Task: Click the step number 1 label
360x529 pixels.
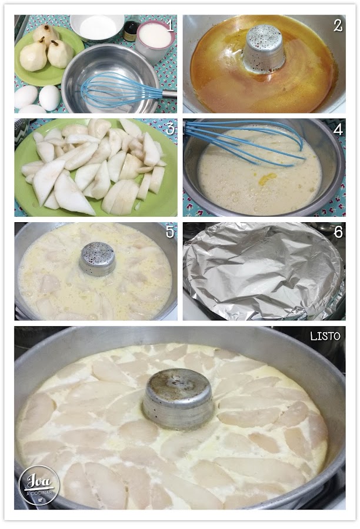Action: pyautogui.click(x=170, y=25)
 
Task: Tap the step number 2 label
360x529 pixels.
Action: pyautogui.click(x=338, y=25)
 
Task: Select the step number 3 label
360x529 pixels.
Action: pyautogui.click(x=170, y=129)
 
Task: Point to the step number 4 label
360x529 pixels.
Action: pyautogui.click(x=338, y=129)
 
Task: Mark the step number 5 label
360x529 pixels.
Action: pyautogui.click(x=170, y=232)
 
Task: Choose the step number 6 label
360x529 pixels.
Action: pyautogui.click(x=338, y=232)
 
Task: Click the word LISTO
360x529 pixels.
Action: pyautogui.click(x=325, y=336)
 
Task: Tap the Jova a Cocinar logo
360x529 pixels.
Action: pyautogui.click(x=39, y=485)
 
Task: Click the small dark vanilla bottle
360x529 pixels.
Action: pyautogui.click(x=131, y=29)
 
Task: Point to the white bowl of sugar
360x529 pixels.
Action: pyautogui.click(x=97, y=28)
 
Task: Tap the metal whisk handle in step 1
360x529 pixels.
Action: pyautogui.click(x=169, y=93)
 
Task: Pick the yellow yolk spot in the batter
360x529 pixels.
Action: pyautogui.click(x=267, y=179)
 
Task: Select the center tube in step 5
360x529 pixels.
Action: pyautogui.click(x=98, y=259)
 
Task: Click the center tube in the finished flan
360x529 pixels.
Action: pyautogui.click(x=178, y=398)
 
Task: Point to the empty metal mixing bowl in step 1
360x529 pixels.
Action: pyautogui.click(x=111, y=78)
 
